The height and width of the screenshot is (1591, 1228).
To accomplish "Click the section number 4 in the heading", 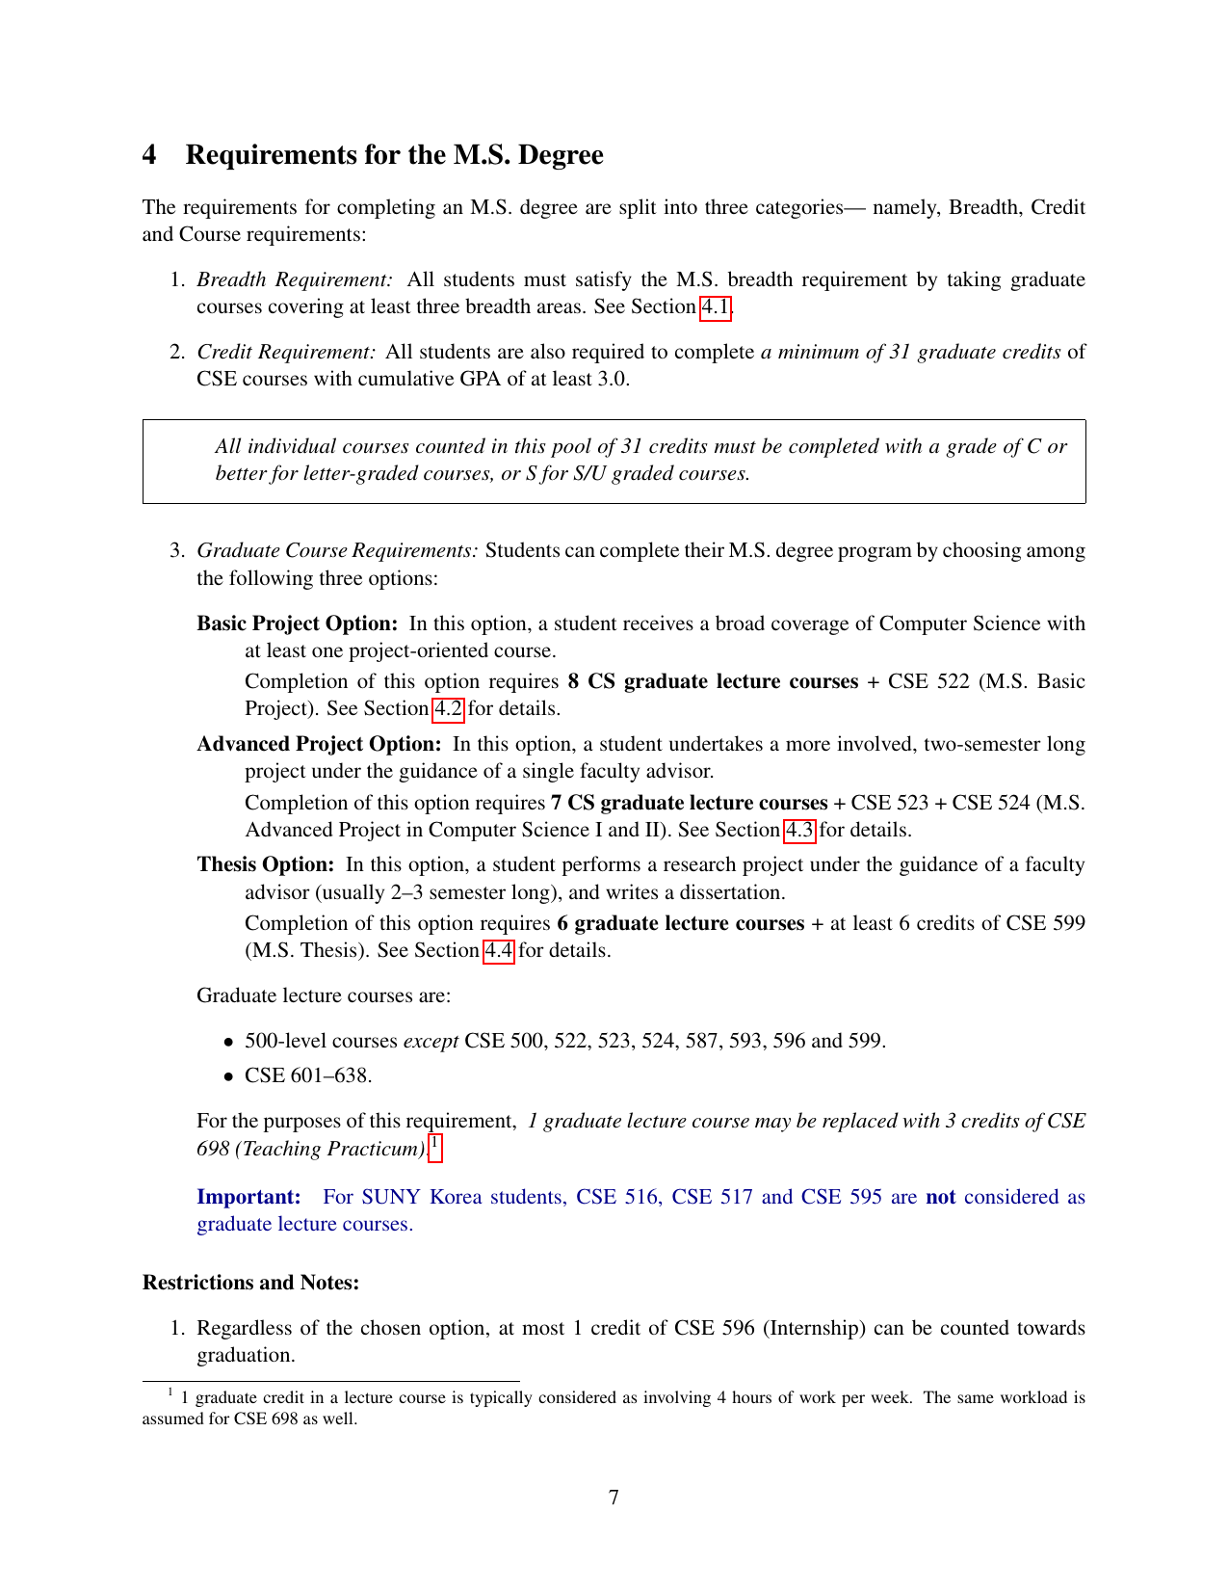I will click(149, 155).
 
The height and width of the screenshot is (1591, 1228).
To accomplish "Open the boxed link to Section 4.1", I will click(715, 307).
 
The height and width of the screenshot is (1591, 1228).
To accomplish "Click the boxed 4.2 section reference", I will click(448, 709).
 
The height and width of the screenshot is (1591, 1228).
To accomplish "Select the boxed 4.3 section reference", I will click(799, 831).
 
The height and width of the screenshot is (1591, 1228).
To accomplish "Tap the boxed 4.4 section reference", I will click(499, 951).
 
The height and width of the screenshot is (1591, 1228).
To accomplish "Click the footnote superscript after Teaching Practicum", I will click(435, 1145).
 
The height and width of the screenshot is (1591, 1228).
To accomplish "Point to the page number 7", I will click(614, 1498).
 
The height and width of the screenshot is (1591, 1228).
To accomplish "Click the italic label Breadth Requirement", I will click(295, 280).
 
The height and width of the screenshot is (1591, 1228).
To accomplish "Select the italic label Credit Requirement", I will click(286, 353).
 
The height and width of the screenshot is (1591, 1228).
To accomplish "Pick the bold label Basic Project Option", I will click(298, 624).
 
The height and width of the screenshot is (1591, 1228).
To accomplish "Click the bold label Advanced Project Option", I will click(319, 745).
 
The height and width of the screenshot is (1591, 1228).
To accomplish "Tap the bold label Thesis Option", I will click(266, 865).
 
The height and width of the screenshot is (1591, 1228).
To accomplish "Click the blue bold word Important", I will click(249, 1198).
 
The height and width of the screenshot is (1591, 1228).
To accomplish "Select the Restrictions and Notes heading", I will click(250, 1283).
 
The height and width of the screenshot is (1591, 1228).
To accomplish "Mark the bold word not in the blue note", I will click(940, 1198).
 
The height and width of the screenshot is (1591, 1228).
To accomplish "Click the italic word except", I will click(431, 1042).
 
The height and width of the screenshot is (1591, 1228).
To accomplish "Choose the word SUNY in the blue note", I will click(391, 1198).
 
